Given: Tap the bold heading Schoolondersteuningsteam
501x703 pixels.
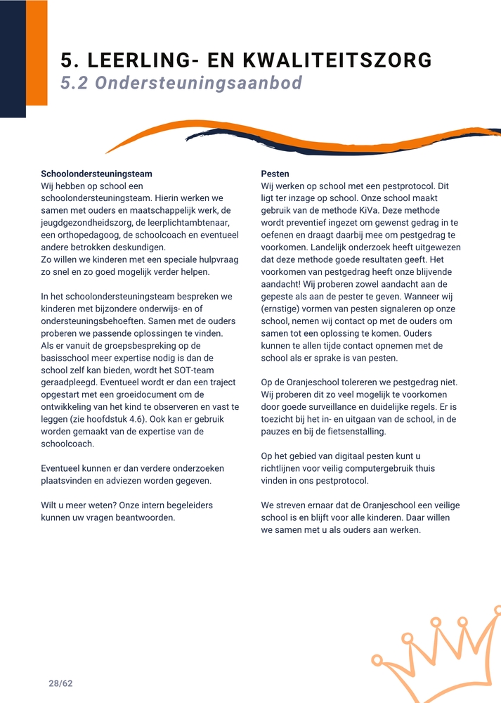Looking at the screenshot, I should point(96,174).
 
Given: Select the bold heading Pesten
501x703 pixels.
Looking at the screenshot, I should point(275,174).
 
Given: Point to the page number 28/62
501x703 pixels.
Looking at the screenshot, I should point(60,683).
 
